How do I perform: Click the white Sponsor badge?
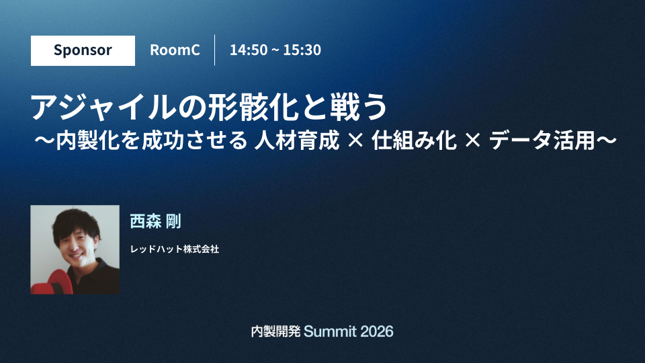coord(83,50)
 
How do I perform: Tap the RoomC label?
coord(175,50)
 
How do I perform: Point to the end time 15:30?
coord(302,50)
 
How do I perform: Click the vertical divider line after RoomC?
coord(215,50)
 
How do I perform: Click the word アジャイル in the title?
coord(103,107)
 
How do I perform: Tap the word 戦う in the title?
coord(358,107)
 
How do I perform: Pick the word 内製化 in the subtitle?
coord(87,140)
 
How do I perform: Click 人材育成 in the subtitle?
coord(296,140)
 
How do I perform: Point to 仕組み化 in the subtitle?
coord(414,140)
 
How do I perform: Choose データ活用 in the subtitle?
coord(542,140)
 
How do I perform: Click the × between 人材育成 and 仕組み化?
coord(355,140)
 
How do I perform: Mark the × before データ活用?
coord(472,140)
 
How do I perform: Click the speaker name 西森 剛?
coord(155,221)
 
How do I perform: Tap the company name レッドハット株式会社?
coord(175,249)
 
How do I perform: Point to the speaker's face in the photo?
coord(77,242)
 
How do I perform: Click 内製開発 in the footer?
coord(275,331)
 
